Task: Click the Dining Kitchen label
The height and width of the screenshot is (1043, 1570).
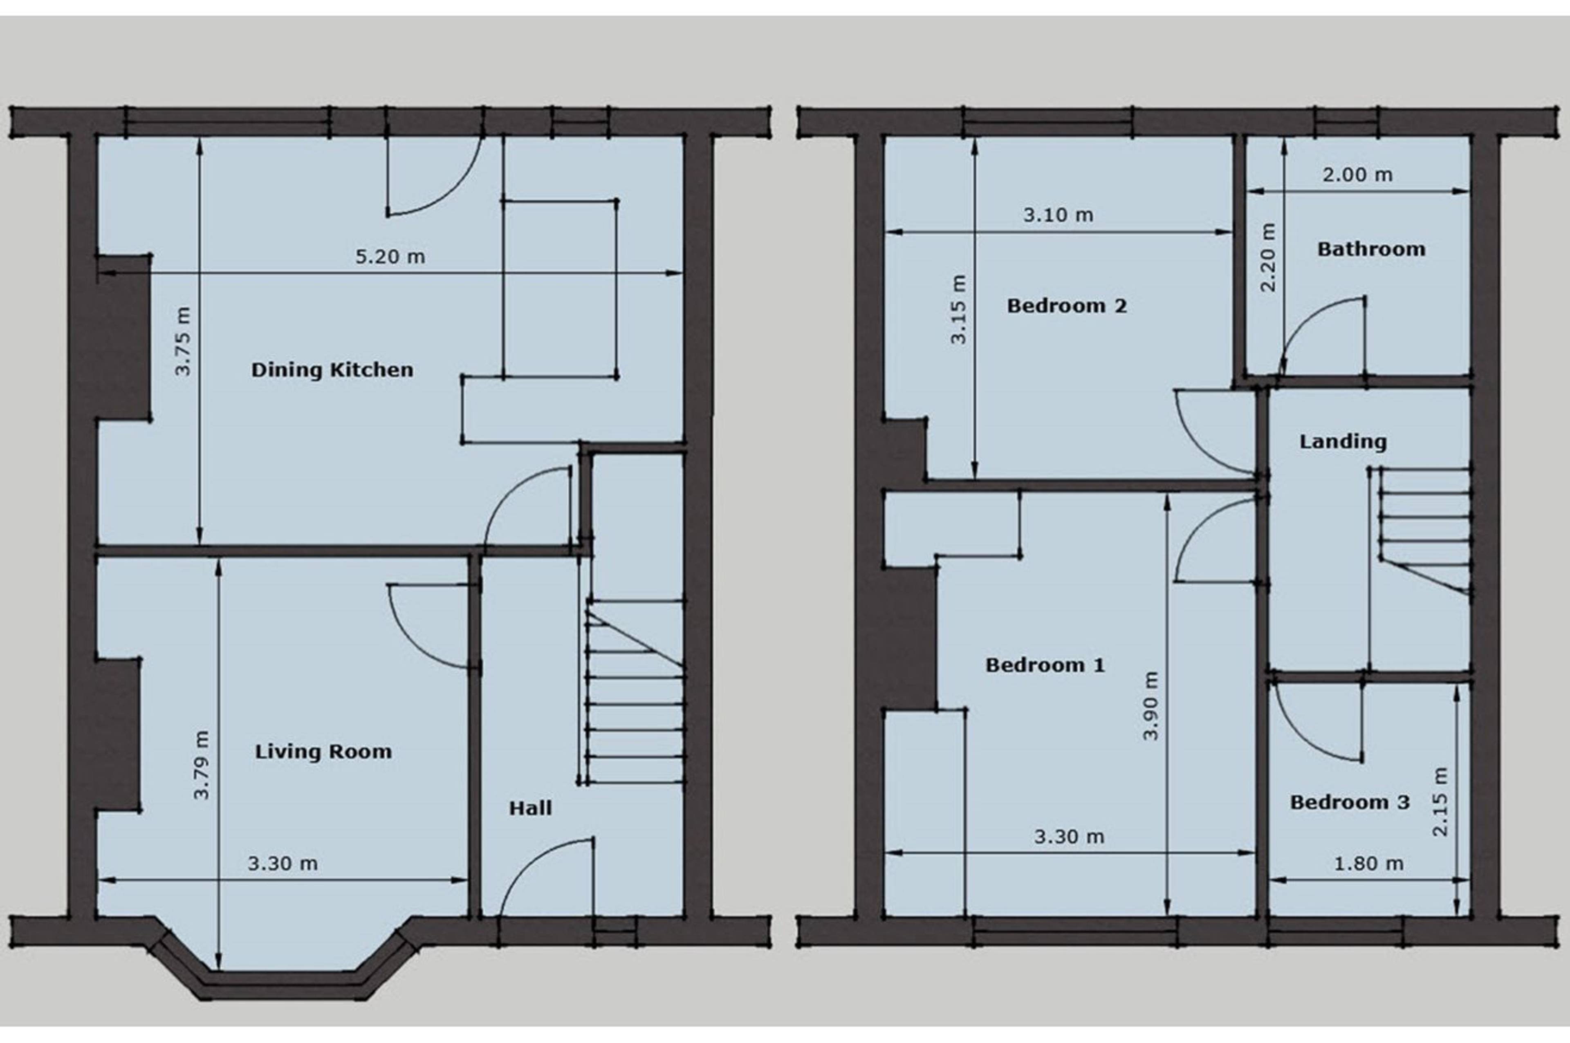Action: pyautogui.click(x=332, y=370)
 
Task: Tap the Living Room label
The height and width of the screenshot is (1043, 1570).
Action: pyautogui.click(x=323, y=752)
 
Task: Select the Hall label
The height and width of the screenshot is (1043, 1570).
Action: pyautogui.click(x=530, y=808)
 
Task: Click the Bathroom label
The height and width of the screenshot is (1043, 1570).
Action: pyautogui.click(x=1371, y=249)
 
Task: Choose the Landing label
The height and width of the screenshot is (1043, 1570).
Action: pyautogui.click(x=1343, y=442)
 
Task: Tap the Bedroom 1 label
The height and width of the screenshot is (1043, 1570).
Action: pyautogui.click(x=1045, y=665)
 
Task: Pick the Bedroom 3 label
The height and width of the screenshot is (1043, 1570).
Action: pyautogui.click(x=1350, y=802)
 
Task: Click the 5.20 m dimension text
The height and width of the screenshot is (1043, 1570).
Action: pyautogui.click(x=390, y=257)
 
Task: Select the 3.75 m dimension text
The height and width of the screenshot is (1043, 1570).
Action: pyautogui.click(x=182, y=341)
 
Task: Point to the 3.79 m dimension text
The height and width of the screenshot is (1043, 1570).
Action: pyautogui.click(x=202, y=765)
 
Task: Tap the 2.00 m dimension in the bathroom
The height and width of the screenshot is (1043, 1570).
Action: pyautogui.click(x=1357, y=175)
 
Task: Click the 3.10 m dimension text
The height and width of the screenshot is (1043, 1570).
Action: pyautogui.click(x=1058, y=215)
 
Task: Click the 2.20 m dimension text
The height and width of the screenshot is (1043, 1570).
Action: pyautogui.click(x=1269, y=257)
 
